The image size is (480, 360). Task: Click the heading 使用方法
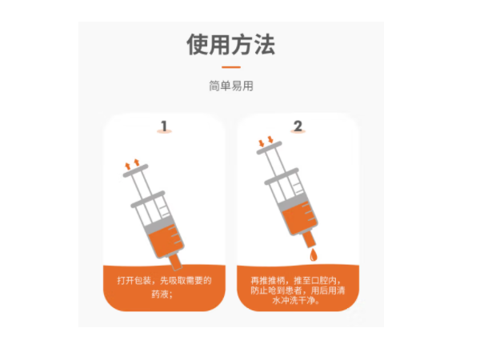230,44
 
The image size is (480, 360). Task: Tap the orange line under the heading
230,67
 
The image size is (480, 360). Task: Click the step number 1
164,126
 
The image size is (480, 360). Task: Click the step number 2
298,126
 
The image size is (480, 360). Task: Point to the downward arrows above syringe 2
265,144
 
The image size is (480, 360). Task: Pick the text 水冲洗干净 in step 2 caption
298,302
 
